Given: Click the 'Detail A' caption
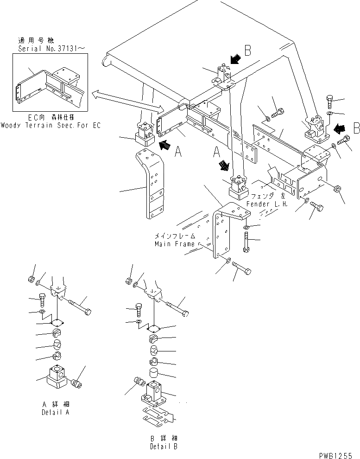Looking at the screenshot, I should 56,411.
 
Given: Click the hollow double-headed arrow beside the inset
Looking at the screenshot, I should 125,102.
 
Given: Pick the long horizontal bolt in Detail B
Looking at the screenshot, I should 176,309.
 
